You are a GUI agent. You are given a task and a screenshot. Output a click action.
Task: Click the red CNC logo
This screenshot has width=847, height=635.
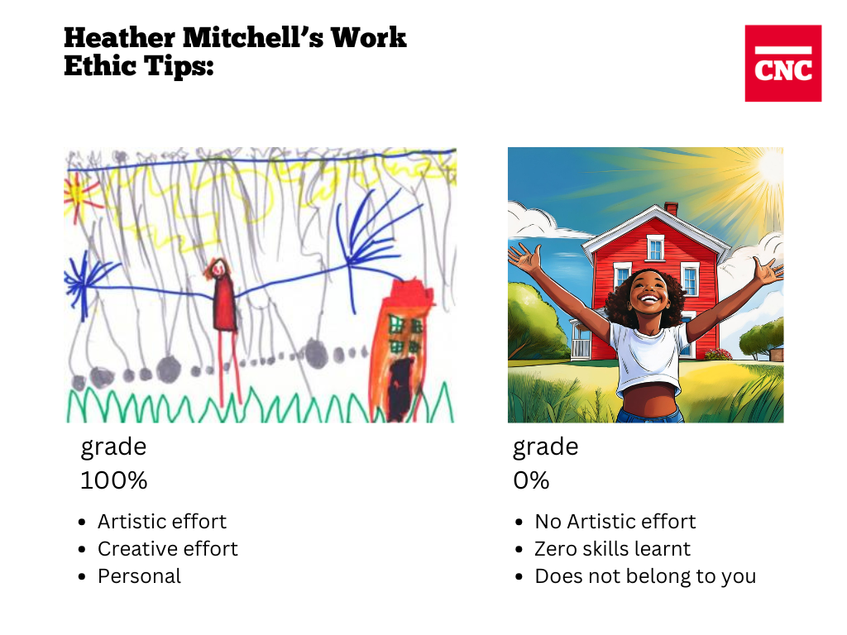tap(782, 63)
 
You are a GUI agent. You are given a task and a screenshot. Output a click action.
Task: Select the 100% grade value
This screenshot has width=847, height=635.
tap(113, 480)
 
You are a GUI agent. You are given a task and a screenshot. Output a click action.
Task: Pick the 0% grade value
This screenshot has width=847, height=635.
tap(531, 480)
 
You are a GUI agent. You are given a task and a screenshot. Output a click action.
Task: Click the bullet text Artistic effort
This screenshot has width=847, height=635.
tap(162, 522)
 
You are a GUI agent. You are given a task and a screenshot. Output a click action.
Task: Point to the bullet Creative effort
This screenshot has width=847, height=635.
tap(167, 549)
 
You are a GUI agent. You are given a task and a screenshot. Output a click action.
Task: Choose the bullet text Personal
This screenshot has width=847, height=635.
tap(139, 576)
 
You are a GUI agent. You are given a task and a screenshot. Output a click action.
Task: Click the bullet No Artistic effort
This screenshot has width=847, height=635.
tap(615, 522)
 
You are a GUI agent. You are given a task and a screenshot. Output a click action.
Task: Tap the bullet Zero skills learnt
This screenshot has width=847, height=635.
tap(613, 549)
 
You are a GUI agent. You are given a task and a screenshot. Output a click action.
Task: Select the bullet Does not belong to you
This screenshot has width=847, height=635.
tap(645, 576)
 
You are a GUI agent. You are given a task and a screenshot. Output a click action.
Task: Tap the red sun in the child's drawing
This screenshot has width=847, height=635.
tap(79, 195)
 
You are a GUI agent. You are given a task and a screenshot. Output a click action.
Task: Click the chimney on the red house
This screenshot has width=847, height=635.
tap(671, 208)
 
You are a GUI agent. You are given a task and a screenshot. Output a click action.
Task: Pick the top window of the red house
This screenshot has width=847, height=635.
tap(655, 248)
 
